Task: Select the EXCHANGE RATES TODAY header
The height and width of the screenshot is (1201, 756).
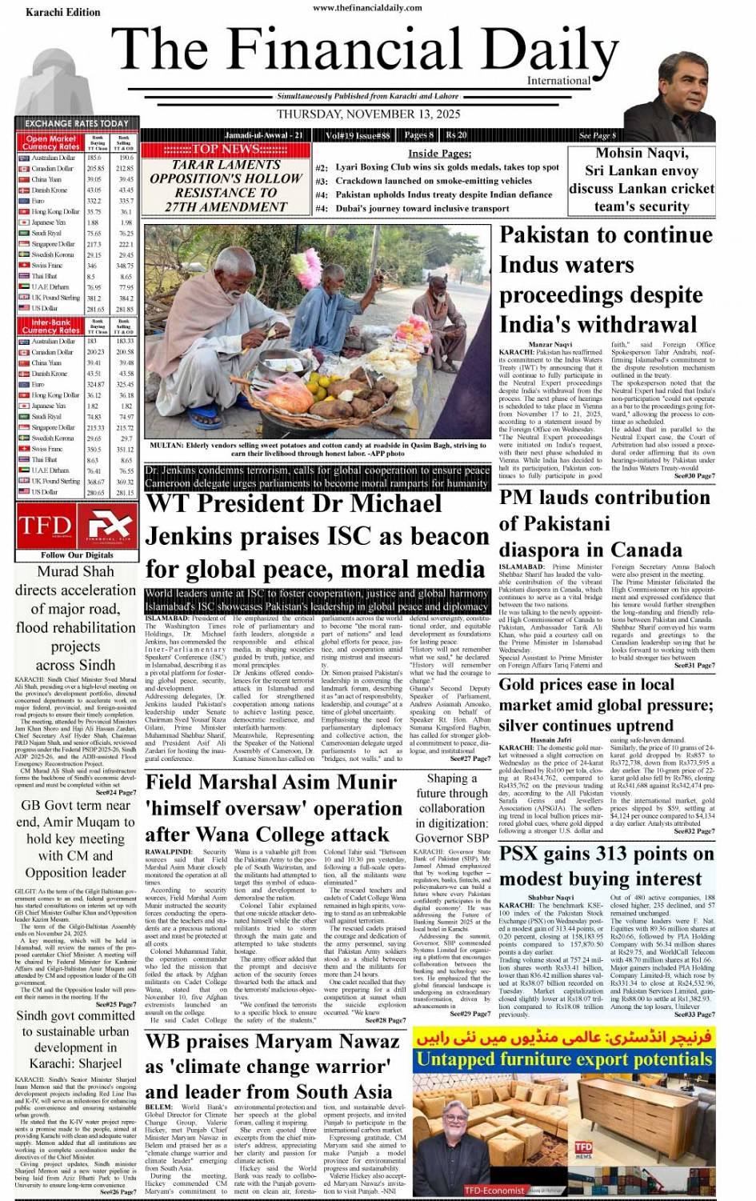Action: point(76,123)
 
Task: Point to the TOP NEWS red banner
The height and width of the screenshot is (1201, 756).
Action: point(226,150)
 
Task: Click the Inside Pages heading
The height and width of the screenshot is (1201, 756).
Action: point(439,153)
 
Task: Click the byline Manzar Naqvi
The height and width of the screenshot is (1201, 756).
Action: point(550,345)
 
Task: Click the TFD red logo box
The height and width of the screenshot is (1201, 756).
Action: point(46,526)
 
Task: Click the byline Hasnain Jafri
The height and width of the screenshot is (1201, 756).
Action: point(550,740)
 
